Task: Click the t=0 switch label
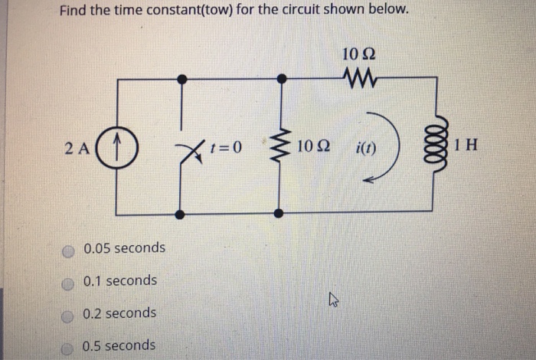click(227, 146)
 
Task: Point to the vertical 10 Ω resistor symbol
click(282, 145)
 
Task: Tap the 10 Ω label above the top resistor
click(358, 54)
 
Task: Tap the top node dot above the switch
click(181, 78)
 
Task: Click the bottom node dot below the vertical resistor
click(282, 213)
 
